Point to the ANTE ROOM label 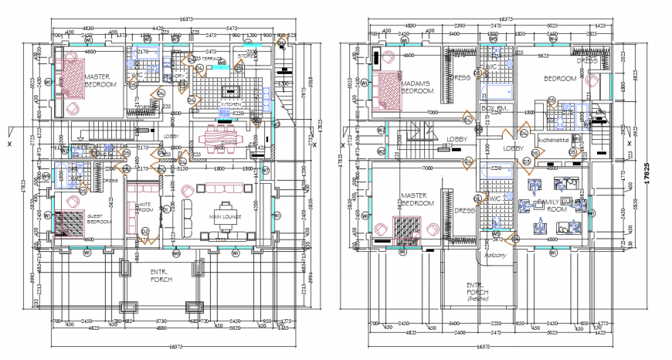coord(144,206)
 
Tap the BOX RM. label coord(494,107)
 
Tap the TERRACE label coord(207,58)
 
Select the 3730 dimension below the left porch coord(161,321)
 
